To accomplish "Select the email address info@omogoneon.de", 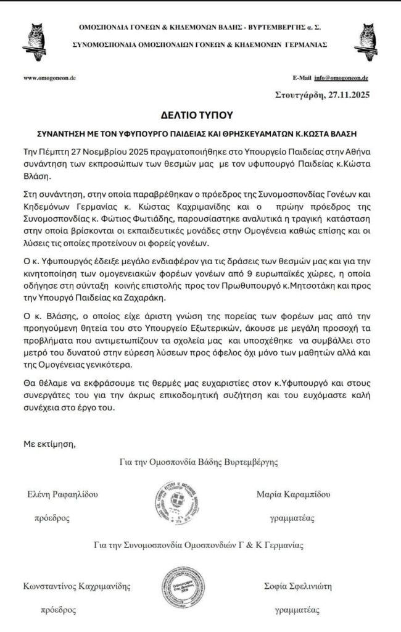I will pos(341,78).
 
